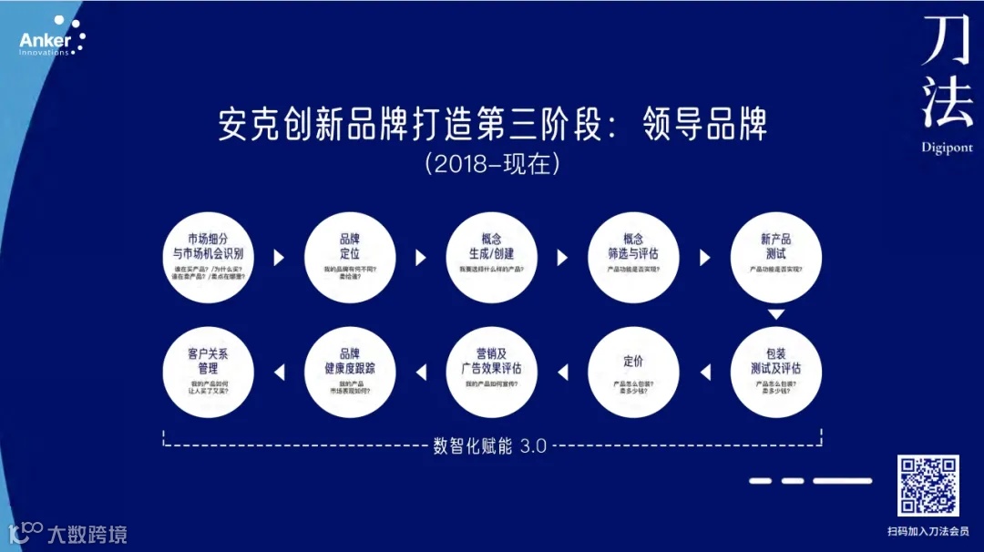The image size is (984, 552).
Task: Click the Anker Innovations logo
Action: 51,37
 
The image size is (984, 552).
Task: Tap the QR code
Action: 928,486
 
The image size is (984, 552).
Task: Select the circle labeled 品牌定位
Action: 350,258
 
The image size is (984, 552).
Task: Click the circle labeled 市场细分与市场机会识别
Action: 209,258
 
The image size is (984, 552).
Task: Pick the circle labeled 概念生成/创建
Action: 492,258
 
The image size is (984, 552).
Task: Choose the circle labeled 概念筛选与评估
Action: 634,258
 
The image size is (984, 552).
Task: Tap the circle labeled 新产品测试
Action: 776,258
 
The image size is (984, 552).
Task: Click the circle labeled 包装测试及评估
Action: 776,372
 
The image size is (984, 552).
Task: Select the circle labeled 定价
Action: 634,372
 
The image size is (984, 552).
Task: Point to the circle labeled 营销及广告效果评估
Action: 492,372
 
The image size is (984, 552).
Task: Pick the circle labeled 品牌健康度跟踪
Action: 350,372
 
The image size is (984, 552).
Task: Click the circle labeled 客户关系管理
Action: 209,372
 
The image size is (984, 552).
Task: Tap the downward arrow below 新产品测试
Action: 776,314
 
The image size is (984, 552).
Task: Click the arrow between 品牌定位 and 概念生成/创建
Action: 421,258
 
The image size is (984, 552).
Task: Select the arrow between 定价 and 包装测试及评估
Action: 705,372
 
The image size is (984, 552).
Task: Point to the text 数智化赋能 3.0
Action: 490,446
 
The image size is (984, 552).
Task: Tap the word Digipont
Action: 947,148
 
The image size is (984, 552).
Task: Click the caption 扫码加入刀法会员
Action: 928,530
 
